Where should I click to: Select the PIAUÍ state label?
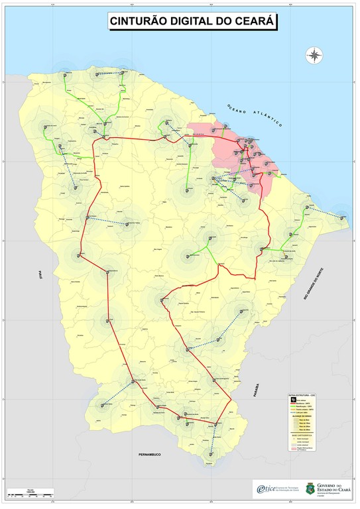click(x=39, y=272)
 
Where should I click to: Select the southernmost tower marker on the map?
click(x=211, y=454)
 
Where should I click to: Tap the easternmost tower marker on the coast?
click(x=341, y=215)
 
